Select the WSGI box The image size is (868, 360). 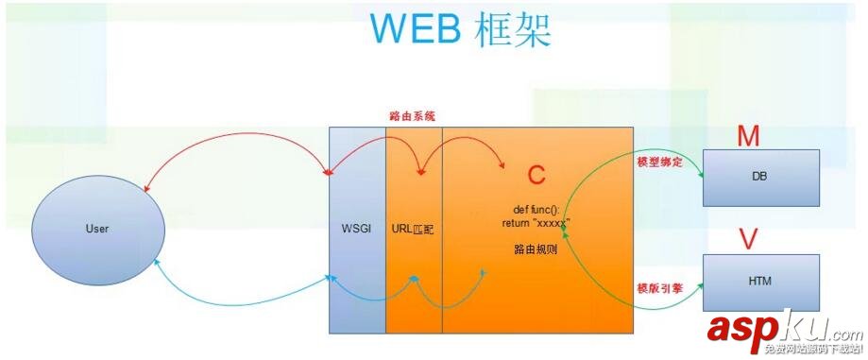click(x=357, y=229)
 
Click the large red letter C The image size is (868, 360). click(x=536, y=176)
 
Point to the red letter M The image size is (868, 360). click(x=749, y=137)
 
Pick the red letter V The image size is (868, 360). click(x=749, y=240)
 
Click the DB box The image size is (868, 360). click(x=760, y=177)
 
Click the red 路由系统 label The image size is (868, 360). click(x=412, y=116)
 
